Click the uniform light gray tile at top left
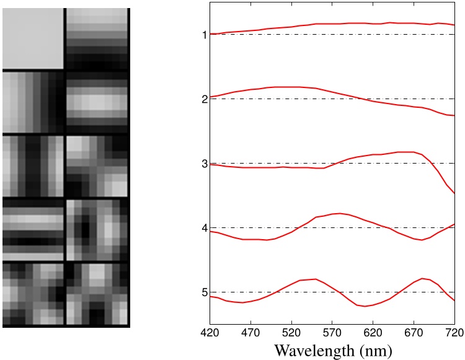click(33, 38)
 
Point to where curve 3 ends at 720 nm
click(454, 194)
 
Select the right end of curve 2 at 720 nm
click(454, 116)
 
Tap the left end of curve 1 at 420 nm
click(210, 33)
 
